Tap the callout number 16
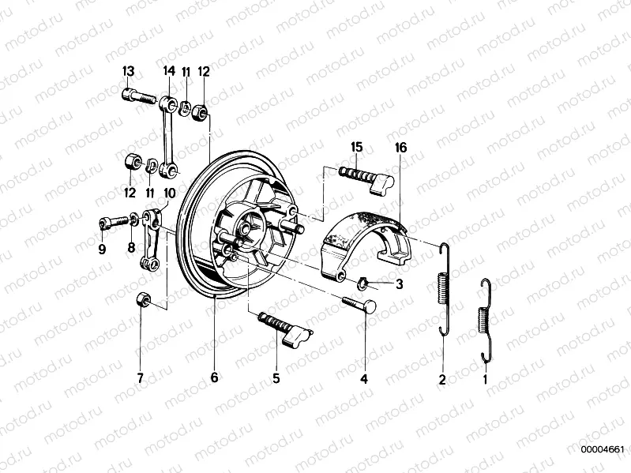(x=400, y=148)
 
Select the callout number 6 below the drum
(x=213, y=377)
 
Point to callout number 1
(x=486, y=379)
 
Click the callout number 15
(x=357, y=148)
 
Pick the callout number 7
(x=140, y=377)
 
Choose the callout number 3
(x=399, y=284)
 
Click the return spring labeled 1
(x=486, y=320)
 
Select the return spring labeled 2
(x=444, y=292)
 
